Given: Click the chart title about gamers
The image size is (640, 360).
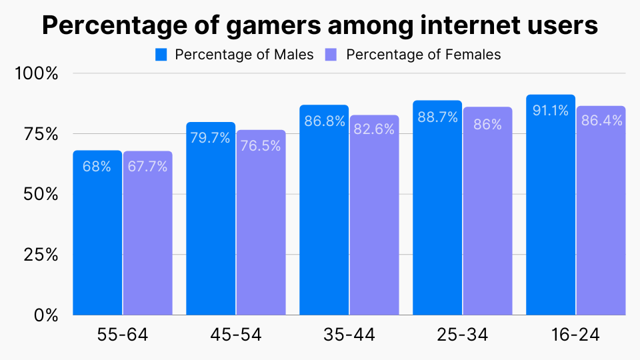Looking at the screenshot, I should pos(320,25).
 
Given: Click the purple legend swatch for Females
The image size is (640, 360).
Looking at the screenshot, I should pos(331,55).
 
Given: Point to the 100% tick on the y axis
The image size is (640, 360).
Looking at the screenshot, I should pos(37,73).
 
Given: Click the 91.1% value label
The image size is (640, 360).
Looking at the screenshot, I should pos(551,111).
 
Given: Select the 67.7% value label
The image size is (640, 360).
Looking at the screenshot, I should pos(147,167).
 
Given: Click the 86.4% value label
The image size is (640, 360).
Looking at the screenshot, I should pos(601,121).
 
